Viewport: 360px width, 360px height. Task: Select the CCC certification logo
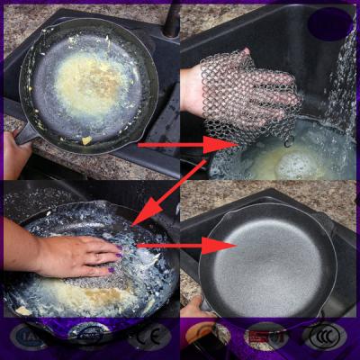tap(322, 337)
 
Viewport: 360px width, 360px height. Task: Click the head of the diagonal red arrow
tap(136, 216)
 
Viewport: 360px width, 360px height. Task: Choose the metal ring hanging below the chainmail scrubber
tap(289, 139)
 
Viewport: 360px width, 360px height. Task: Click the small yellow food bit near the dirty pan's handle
tap(86, 139)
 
